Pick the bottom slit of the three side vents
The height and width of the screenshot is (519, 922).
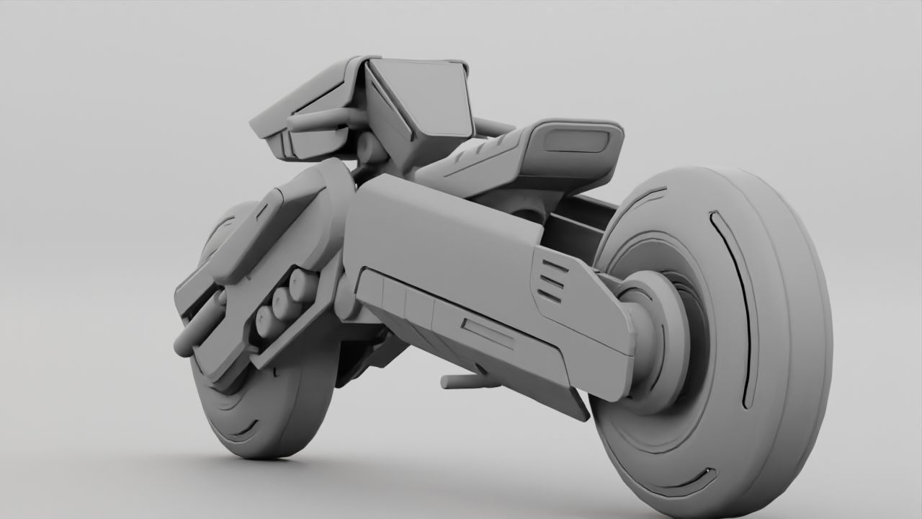point(550,295)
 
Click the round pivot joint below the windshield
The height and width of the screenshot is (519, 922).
point(369,148)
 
